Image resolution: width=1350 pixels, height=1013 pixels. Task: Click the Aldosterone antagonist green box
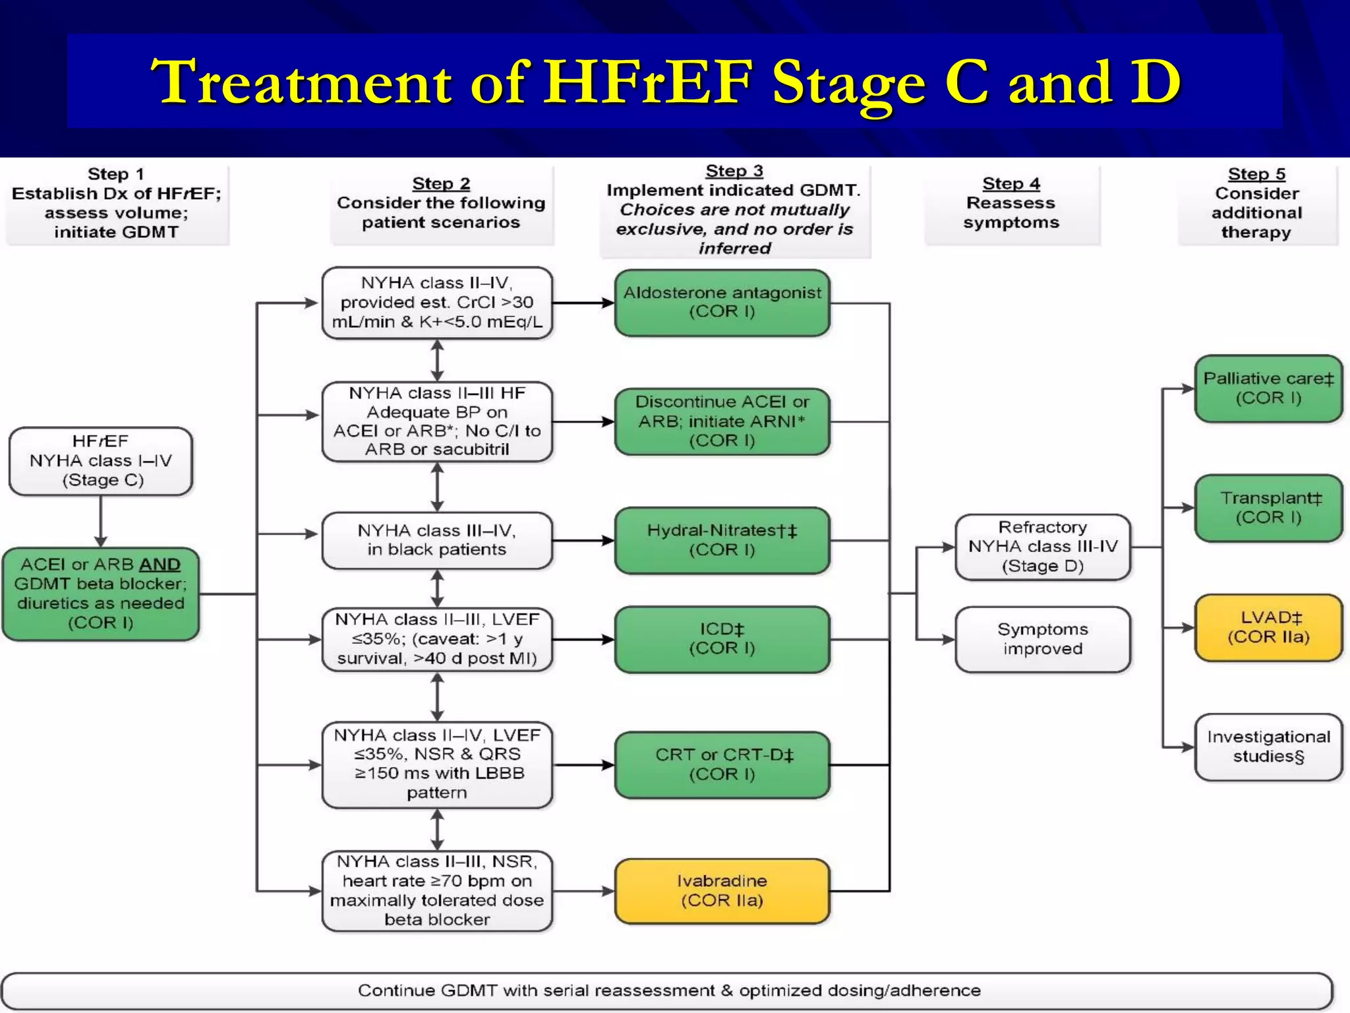tap(722, 303)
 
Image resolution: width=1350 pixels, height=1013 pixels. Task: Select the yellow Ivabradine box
tap(722, 890)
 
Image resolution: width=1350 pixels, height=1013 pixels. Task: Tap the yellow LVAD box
tap(1268, 627)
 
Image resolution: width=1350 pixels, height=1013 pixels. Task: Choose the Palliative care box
tap(1268, 388)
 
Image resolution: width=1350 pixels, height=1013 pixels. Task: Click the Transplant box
tap(1268, 508)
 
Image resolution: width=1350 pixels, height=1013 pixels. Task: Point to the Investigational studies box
tap(1268, 747)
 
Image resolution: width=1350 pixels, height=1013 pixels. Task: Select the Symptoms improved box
tap(1042, 639)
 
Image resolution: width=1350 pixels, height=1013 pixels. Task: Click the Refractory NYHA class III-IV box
tap(1042, 547)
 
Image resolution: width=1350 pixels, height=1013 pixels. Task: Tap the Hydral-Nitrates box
tap(722, 540)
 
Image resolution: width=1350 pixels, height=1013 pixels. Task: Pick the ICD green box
tap(722, 639)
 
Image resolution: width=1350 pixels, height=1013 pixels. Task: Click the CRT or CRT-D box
tap(722, 764)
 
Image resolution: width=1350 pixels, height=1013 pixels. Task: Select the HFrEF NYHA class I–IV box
tap(101, 461)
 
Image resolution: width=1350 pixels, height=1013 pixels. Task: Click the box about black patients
tap(436, 540)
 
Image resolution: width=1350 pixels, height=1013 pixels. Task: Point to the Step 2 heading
tap(441, 183)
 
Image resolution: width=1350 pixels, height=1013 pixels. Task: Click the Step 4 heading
tap(1011, 183)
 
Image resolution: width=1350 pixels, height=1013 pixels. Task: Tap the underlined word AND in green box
tap(160, 565)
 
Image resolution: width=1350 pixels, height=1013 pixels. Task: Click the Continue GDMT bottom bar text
tap(668, 991)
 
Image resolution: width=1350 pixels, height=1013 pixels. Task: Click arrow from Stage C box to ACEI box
tap(101, 521)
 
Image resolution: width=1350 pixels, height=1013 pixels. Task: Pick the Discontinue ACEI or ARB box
tap(722, 421)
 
